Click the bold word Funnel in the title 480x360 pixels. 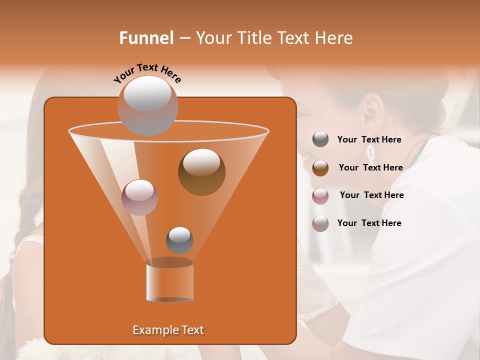click(146, 38)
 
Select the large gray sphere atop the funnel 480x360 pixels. click(147, 105)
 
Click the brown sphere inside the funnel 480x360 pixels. click(201, 171)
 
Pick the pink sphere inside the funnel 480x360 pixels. click(139, 197)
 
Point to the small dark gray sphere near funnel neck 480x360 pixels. click(179, 240)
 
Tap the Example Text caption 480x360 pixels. click(168, 330)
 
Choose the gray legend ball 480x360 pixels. click(320, 139)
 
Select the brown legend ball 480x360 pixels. click(320, 168)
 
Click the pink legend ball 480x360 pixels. click(320, 196)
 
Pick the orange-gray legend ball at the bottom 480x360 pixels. click(320, 223)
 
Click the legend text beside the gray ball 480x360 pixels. click(369, 140)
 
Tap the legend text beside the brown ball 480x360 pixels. click(370, 168)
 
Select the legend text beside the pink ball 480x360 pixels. click(371, 195)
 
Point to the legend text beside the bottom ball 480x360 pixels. click(369, 223)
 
